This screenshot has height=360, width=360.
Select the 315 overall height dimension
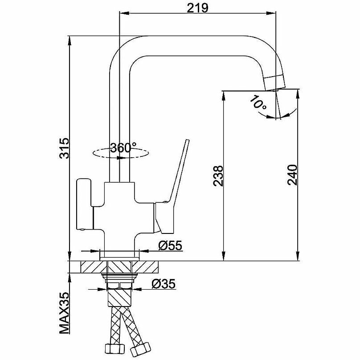coord(64,147)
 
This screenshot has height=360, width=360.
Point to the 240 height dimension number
coord(291,175)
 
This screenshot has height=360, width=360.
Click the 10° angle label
coord(258,103)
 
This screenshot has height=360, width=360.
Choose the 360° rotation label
coord(123,147)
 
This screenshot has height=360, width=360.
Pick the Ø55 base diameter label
coord(169,246)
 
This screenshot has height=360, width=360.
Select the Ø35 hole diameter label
coord(163,283)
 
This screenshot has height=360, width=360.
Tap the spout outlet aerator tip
coord(274,83)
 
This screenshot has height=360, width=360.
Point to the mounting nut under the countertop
coord(119,281)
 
